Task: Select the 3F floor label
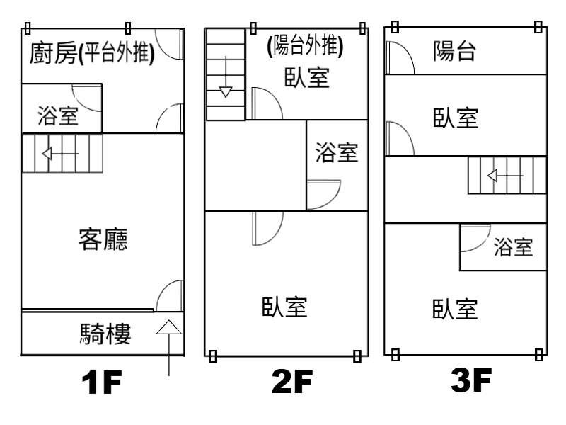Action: click(471, 382)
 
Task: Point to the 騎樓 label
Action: click(105, 334)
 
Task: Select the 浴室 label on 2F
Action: click(336, 152)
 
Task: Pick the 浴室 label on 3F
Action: click(513, 247)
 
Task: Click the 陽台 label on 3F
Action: click(454, 52)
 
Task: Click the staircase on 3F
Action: click(507, 175)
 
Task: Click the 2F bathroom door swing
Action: click(324, 193)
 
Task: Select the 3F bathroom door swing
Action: click(475, 239)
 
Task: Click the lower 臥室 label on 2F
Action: click(284, 307)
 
